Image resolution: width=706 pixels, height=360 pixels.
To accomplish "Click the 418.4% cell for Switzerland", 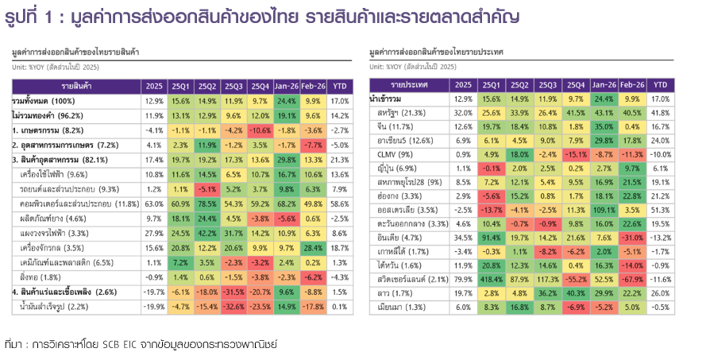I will coord(490,279).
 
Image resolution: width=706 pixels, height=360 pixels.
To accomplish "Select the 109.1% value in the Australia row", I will coord(605,210).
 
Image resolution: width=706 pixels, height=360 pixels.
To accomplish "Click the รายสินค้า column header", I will coord(75,85).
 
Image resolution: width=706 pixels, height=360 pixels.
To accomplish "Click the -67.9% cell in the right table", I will coord(633,279).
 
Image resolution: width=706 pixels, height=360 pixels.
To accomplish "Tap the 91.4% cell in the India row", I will coord(490,238).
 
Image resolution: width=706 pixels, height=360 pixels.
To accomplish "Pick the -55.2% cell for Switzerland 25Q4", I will coord(577,279).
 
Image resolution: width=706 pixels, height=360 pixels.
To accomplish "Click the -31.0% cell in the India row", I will coord(633,238).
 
